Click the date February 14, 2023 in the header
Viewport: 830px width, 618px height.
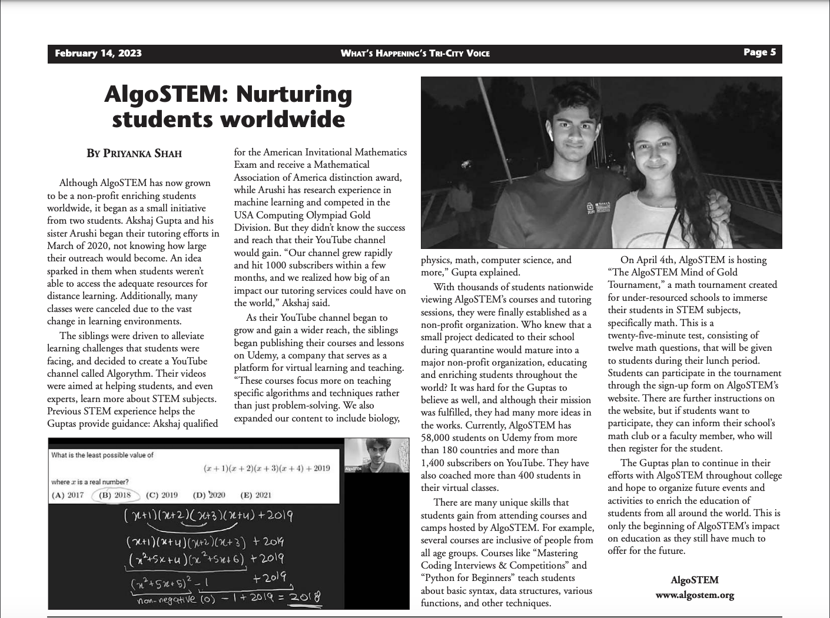98,54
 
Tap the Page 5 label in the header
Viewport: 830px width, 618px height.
759,52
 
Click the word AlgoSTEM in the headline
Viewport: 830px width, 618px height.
161,94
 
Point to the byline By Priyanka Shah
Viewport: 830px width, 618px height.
134,154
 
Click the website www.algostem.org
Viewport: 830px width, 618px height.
695,594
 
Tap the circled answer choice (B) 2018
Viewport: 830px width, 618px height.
115,495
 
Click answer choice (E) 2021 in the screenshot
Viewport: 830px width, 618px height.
256,495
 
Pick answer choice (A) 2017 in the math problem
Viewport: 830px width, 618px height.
68,495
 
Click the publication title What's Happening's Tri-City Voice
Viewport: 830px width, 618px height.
415,54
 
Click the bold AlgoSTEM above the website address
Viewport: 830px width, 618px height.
695,580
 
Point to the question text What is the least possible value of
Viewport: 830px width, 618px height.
102,455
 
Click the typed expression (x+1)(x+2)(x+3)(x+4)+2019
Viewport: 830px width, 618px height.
267,469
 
